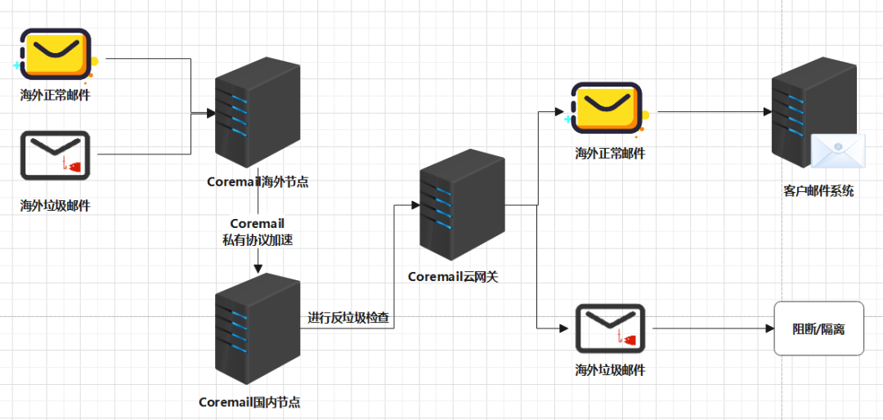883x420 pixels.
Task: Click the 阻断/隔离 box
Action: point(818,328)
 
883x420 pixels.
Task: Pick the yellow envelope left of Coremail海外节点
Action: point(56,56)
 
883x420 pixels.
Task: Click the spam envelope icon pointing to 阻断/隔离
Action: point(610,328)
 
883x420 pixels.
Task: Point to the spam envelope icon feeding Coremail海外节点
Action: point(56,155)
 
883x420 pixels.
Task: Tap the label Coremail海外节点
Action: point(258,181)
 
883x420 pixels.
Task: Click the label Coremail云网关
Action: point(453,277)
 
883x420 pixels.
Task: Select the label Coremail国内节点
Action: point(249,402)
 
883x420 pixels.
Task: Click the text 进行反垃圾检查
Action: point(347,317)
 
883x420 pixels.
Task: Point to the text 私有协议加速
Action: point(258,239)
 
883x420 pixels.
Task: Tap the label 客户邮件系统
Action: point(818,191)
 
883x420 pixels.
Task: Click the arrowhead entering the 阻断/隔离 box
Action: point(769,328)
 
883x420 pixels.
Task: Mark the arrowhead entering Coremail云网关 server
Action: point(414,204)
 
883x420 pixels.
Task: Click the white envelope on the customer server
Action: point(838,152)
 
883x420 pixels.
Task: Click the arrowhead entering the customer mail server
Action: point(769,111)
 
